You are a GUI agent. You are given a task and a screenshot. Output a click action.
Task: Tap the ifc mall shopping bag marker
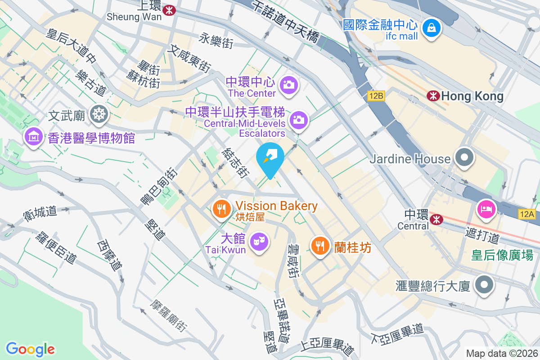point(432,27)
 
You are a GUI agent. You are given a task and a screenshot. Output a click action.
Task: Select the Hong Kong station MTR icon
point(433,95)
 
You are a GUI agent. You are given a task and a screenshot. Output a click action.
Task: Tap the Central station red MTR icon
point(436,219)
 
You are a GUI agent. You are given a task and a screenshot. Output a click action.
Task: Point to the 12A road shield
point(527,214)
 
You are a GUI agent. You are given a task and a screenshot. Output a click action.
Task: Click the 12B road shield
point(376,96)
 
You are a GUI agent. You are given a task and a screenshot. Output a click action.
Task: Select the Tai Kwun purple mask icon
point(259,242)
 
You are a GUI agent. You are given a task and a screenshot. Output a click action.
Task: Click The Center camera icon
point(288,84)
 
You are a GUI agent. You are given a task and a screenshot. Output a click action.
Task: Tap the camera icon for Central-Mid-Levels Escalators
point(298,120)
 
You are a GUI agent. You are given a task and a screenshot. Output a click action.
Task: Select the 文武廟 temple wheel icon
point(98,114)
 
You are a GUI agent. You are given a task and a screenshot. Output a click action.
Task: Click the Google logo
point(30,349)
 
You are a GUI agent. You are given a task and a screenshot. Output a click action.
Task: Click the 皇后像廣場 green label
point(502,255)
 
